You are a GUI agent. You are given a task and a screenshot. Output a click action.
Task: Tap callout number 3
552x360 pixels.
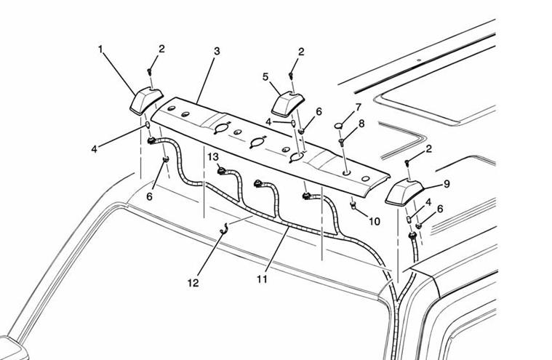(x=217, y=52)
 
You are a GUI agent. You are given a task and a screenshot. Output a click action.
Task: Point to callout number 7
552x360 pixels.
(x=358, y=108)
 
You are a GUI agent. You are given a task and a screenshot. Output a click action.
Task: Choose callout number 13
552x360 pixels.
(x=213, y=156)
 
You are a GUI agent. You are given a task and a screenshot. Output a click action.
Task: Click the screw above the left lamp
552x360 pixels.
(x=150, y=71)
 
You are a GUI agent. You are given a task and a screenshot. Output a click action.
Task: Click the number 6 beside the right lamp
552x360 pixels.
(x=440, y=208)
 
